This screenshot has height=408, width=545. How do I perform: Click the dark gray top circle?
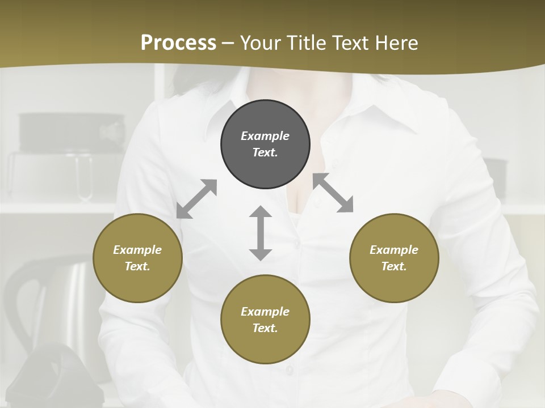tap(265, 144)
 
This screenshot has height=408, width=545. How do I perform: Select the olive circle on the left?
tap(137, 258)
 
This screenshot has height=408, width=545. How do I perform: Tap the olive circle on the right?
tap(394, 258)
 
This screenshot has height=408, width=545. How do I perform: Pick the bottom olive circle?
tap(265, 320)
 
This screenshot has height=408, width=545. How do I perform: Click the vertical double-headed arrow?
tap(261, 233)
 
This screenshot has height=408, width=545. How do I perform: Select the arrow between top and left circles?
tap(196, 199)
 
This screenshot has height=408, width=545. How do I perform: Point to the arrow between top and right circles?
tap(333, 193)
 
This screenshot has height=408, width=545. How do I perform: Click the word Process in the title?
tap(178, 42)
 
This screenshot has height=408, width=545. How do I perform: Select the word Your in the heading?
tap(262, 42)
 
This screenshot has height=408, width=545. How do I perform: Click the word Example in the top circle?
tap(265, 136)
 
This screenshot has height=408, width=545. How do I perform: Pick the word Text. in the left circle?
tap(137, 266)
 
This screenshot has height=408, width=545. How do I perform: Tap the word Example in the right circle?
tap(394, 250)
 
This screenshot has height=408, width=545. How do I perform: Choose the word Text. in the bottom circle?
tap(265, 328)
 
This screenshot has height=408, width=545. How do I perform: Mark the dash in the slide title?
tap(228, 43)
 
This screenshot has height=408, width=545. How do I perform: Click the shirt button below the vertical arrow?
tap(290, 369)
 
